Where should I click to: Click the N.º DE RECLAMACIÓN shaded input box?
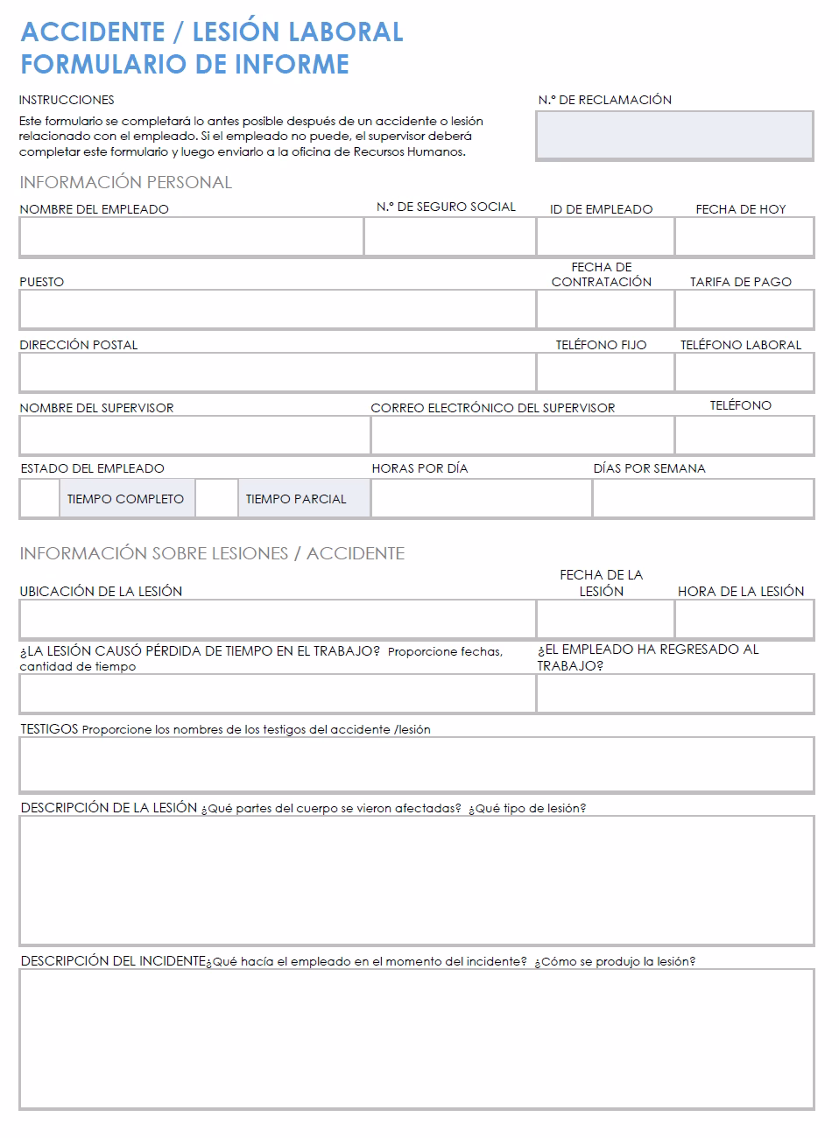674,135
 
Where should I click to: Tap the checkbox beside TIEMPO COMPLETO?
39,499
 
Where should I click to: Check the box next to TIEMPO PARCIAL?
216,499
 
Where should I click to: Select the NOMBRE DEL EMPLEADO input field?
191,236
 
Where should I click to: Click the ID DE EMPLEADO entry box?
605,236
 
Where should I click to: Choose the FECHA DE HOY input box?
744,236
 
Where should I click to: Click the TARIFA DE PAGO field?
744,309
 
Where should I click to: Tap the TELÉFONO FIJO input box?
605,372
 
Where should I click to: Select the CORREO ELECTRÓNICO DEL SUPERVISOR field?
522,435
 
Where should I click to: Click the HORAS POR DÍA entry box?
481,499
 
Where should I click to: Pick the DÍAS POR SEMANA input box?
703,499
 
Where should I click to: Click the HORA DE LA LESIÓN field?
744,620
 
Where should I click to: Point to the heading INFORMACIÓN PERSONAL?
125,182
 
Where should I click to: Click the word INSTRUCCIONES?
67,100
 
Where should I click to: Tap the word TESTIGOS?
49,728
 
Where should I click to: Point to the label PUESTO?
42,282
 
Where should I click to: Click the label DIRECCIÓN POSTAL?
79,345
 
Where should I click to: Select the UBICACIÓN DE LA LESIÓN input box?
277,620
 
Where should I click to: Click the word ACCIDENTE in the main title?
93,32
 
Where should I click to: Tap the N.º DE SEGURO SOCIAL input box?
449,236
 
